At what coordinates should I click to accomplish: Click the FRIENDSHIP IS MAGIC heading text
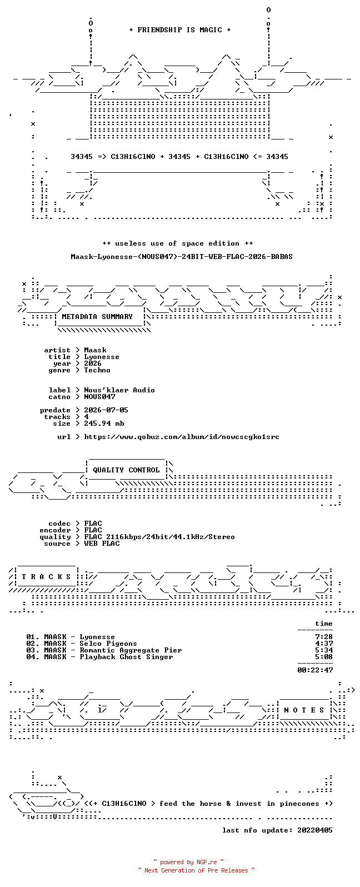180,30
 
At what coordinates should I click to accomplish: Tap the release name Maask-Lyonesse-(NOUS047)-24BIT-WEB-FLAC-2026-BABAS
181,257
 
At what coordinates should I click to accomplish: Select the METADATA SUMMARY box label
97,317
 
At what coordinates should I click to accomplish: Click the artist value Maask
95,350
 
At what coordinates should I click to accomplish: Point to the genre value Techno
97,370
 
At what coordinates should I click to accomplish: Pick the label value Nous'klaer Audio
119,390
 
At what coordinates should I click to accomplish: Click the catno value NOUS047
99,397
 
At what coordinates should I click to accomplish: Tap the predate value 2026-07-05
106,410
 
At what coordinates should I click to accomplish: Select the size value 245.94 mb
104,423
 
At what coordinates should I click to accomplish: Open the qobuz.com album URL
181,437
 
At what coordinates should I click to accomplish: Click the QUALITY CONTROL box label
126,470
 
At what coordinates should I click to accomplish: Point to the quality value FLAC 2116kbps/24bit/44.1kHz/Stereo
159,537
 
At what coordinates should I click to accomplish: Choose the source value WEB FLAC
101,544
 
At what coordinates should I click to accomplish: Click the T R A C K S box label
46,577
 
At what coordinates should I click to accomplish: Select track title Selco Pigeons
108,644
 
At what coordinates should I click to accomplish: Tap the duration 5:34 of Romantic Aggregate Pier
324,650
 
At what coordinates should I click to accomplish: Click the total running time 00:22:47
315,670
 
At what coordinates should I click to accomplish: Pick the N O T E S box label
304,710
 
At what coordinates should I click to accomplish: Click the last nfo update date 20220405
315,830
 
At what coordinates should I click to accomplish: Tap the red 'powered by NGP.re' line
188,862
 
